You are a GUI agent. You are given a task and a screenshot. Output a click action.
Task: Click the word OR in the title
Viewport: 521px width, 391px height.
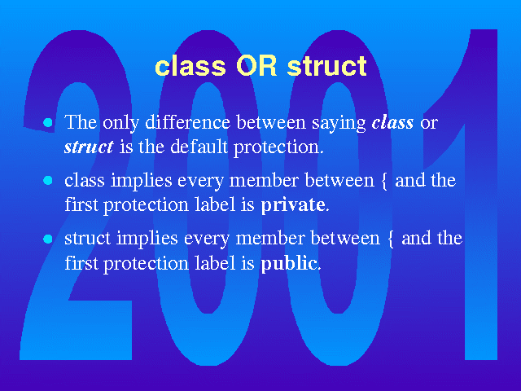click(x=256, y=66)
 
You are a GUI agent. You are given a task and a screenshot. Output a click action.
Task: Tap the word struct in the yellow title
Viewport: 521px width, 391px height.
click(x=327, y=66)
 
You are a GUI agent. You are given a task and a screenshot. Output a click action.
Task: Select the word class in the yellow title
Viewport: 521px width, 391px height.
click(x=190, y=66)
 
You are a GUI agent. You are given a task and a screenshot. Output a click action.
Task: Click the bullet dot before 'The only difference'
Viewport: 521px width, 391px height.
click(x=48, y=122)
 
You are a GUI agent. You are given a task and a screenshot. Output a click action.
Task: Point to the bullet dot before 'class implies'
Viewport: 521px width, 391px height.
click(x=48, y=180)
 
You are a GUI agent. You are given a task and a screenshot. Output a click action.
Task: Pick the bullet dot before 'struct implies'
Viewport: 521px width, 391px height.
click(x=48, y=239)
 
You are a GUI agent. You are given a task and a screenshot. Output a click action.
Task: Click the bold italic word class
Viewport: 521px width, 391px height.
click(x=392, y=122)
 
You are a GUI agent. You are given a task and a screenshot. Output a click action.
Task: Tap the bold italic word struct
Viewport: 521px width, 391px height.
click(x=89, y=147)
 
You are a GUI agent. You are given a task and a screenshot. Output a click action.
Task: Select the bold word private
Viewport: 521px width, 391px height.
click(x=293, y=205)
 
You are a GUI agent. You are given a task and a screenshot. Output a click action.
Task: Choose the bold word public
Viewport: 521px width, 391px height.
click(x=289, y=263)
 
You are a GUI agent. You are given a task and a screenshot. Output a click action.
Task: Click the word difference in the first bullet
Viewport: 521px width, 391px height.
click(x=188, y=122)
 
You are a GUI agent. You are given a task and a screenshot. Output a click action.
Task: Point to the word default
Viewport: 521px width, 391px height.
click(x=199, y=147)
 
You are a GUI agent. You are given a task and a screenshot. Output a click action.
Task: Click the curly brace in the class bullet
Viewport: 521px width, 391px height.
click(x=384, y=182)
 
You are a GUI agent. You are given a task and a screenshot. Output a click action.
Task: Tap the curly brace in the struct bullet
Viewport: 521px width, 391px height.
click(x=391, y=239)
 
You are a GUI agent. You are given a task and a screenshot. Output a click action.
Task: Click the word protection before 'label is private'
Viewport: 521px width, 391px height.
click(x=147, y=206)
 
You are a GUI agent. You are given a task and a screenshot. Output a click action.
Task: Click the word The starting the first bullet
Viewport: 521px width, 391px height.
click(x=81, y=122)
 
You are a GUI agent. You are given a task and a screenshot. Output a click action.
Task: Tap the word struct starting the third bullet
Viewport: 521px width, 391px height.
click(x=87, y=239)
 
